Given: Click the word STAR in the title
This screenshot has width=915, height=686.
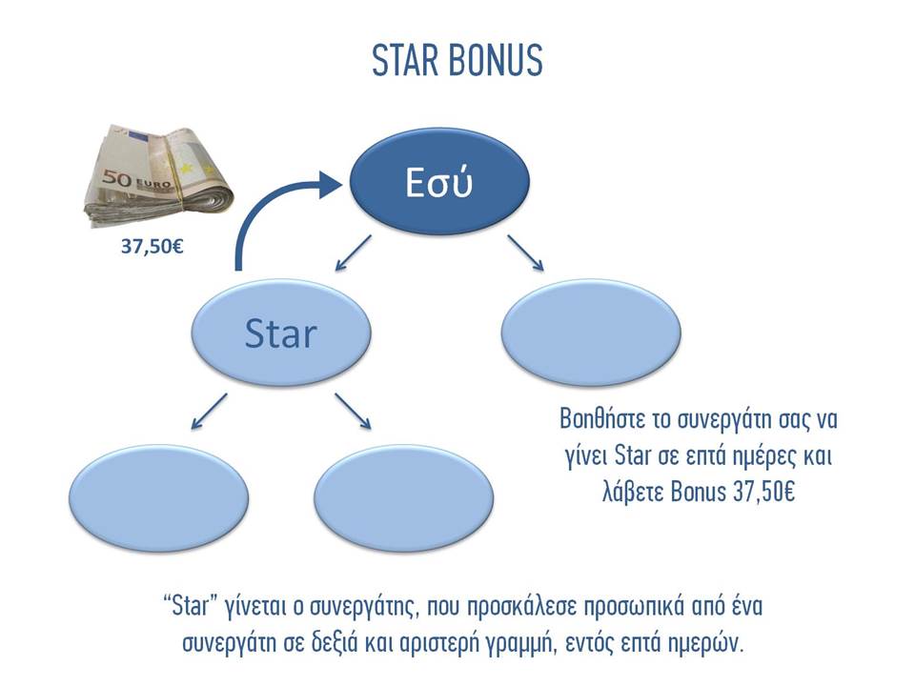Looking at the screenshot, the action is (x=404, y=59).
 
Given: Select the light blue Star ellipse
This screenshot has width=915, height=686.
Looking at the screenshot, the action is (x=281, y=333).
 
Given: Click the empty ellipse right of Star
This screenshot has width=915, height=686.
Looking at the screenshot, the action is (x=591, y=333).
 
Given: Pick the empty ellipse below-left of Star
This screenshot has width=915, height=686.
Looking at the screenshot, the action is (x=159, y=498).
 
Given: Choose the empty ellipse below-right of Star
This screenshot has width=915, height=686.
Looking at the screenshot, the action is (x=404, y=498).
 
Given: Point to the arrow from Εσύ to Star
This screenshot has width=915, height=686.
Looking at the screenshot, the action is (x=353, y=253).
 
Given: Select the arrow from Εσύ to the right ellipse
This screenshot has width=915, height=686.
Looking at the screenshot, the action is (x=526, y=253).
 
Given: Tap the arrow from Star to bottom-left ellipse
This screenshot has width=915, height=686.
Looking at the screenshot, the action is (x=209, y=412).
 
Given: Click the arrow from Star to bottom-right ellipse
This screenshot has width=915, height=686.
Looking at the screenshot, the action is (x=353, y=412).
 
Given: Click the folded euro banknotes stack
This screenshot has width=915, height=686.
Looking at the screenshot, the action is (x=159, y=175).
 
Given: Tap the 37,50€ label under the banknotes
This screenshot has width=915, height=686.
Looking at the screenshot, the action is (x=152, y=246).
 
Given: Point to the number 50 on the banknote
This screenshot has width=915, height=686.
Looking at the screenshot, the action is (x=117, y=179).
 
